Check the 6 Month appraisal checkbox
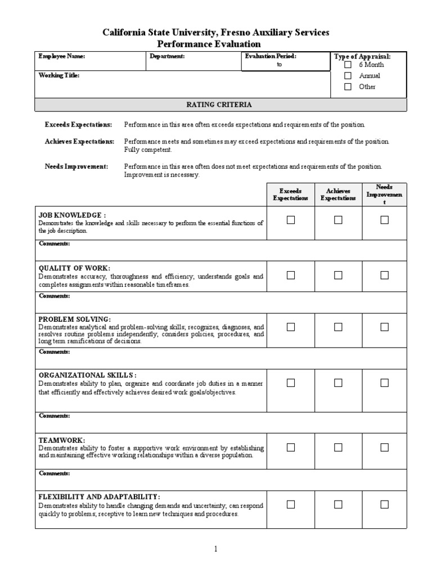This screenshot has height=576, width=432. pos(348,65)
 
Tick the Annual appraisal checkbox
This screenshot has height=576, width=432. pos(348,75)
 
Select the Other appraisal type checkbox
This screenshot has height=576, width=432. pos(348,87)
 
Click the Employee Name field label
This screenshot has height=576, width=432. pos(61,56)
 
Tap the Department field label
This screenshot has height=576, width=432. pos(167,56)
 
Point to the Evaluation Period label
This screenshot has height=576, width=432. pos(271,56)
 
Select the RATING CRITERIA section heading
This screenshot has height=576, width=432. pos(219,105)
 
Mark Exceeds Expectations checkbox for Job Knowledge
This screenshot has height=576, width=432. pos(291,220)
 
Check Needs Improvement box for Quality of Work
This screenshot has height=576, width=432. pos(384,275)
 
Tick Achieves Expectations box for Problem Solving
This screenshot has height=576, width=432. pos(338,327)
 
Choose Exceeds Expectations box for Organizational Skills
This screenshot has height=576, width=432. pos(291,382)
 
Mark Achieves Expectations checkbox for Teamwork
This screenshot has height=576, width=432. pos(338,447)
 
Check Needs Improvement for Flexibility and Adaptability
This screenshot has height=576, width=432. pos(384,505)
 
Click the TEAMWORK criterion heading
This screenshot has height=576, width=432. pos(62,440)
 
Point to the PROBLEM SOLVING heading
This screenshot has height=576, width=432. pos(74,319)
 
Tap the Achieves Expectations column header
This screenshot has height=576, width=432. pos(338,195)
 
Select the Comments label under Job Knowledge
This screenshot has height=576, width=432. pos(54,244)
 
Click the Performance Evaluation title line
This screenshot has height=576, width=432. pos(216,44)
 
